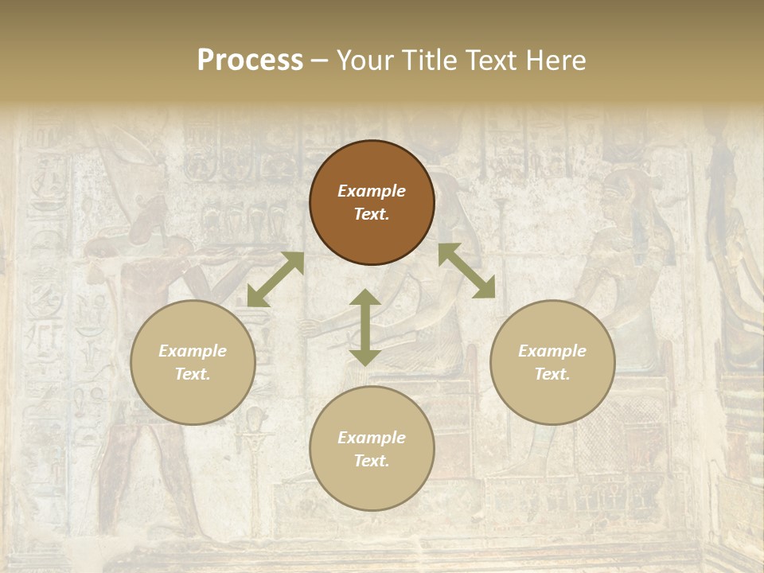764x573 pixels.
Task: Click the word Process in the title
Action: [250, 60]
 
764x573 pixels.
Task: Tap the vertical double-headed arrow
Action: [365, 327]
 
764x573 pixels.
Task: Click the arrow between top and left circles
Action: [275, 279]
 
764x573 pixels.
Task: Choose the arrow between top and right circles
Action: [467, 271]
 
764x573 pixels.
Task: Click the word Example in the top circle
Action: [372, 191]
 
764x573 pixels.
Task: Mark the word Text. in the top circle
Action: [372, 214]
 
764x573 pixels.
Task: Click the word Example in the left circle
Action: [193, 351]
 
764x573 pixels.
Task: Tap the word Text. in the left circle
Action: [193, 374]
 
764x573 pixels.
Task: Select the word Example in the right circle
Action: [552, 351]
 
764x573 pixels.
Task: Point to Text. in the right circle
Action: [552, 374]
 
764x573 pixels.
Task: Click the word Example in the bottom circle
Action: [372, 438]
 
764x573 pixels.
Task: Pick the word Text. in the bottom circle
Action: [372, 461]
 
